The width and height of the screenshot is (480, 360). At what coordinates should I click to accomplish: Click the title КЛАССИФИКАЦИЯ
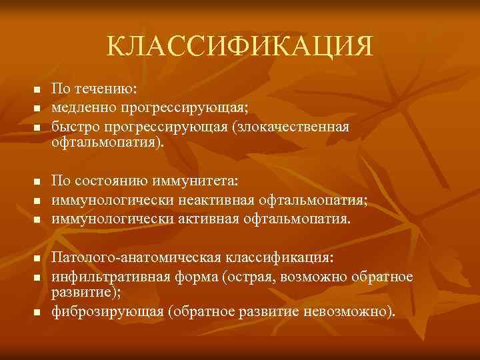pyautogui.click(x=240, y=47)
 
